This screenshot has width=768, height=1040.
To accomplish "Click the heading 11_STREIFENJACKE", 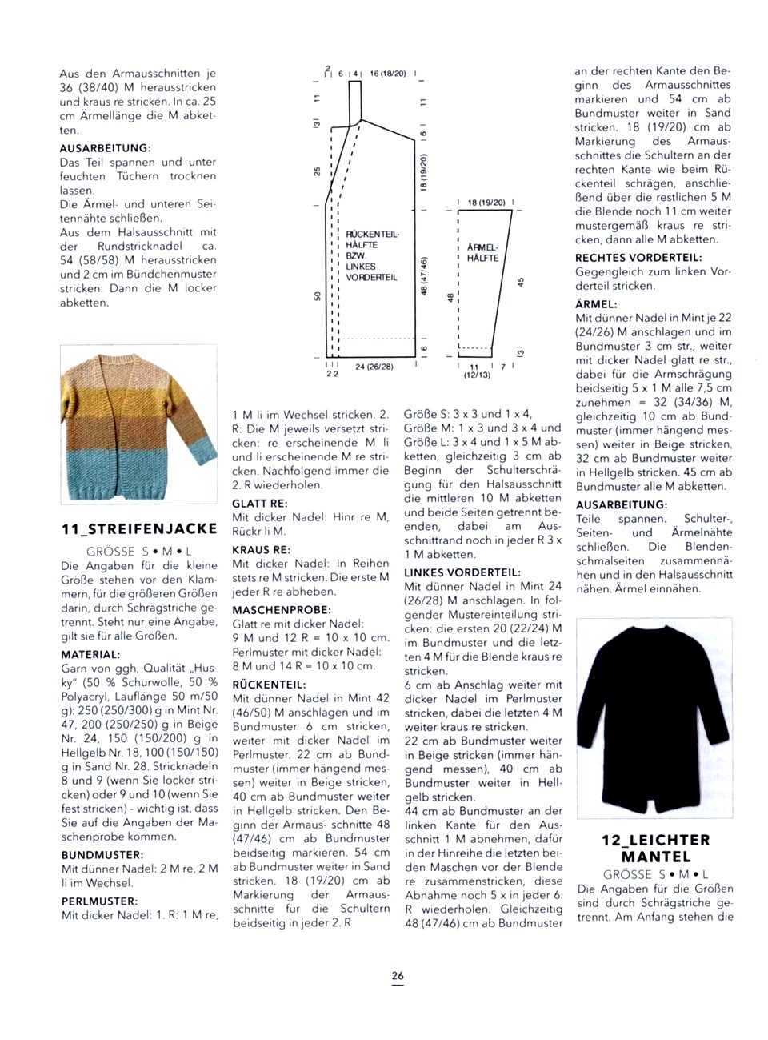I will point(139,528).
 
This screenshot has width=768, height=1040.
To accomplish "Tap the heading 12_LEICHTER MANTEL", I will point(655,848).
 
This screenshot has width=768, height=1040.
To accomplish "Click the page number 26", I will point(398,976).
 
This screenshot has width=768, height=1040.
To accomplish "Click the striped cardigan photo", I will point(138,424).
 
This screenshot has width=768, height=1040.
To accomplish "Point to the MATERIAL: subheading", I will point(90,654).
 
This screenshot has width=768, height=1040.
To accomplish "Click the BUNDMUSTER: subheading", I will point(102,854).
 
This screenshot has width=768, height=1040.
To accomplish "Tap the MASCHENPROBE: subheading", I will point(281,609).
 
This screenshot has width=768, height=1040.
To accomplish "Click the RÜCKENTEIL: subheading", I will point(269,685).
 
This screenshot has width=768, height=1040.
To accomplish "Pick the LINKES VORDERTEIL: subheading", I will point(462,572).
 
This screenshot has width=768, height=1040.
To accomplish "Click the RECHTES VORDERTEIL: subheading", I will point(638,257).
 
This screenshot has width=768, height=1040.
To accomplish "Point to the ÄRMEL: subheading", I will point(596,304).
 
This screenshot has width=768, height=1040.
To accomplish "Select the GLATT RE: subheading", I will point(260,504).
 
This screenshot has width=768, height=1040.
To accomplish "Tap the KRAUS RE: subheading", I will point(261,550).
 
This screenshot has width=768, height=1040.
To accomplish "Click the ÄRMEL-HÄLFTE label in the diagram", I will point(482,252).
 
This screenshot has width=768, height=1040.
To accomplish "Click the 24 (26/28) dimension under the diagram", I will point(374,367).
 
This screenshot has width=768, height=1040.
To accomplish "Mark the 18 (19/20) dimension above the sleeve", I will point(486,203).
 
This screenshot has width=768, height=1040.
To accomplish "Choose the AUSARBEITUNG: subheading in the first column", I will point(105,148).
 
